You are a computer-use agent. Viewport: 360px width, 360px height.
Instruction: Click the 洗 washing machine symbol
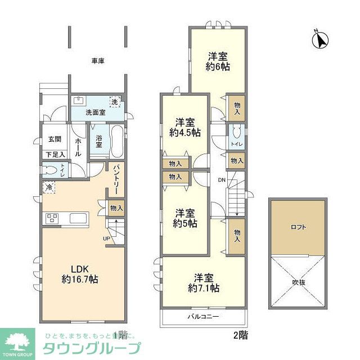[x=115, y=102]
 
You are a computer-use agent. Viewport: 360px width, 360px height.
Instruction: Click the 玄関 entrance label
[x=55, y=140]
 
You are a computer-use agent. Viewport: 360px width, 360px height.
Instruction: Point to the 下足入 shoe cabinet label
[x=55, y=154]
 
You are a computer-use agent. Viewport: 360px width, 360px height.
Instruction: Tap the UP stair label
[x=107, y=238]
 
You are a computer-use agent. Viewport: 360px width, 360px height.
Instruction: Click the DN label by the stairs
[x=221, y=180]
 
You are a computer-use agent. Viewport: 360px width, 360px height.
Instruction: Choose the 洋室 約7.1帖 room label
[x=203, y=283]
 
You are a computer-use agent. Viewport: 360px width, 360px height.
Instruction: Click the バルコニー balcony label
[x=203, y=317]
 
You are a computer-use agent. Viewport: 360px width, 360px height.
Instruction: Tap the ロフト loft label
[x=298, y=227]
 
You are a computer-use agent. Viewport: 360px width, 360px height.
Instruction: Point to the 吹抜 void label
[x=298, y=282]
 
